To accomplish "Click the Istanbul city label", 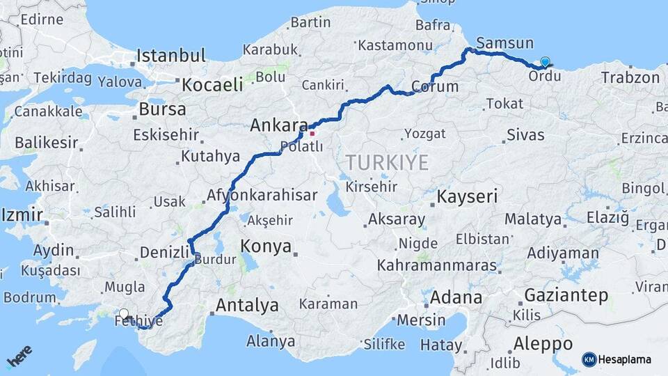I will (171, 56).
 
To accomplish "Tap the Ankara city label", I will (278, 126).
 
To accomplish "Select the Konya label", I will (264, 246).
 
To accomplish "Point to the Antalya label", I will (247, 305).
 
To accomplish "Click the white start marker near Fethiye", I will (124, 314).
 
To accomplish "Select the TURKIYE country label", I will (387, 162).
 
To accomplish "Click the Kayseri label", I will (467, 197).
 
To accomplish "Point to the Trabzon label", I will (630, 77).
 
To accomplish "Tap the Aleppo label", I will (543, 344).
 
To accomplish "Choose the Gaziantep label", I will (566, 295).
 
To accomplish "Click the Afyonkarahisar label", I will (262, 196).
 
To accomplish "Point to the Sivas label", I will (525, 135).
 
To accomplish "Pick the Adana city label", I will (456, 298).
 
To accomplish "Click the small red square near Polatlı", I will (312, 134).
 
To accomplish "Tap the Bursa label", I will (162, 109).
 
